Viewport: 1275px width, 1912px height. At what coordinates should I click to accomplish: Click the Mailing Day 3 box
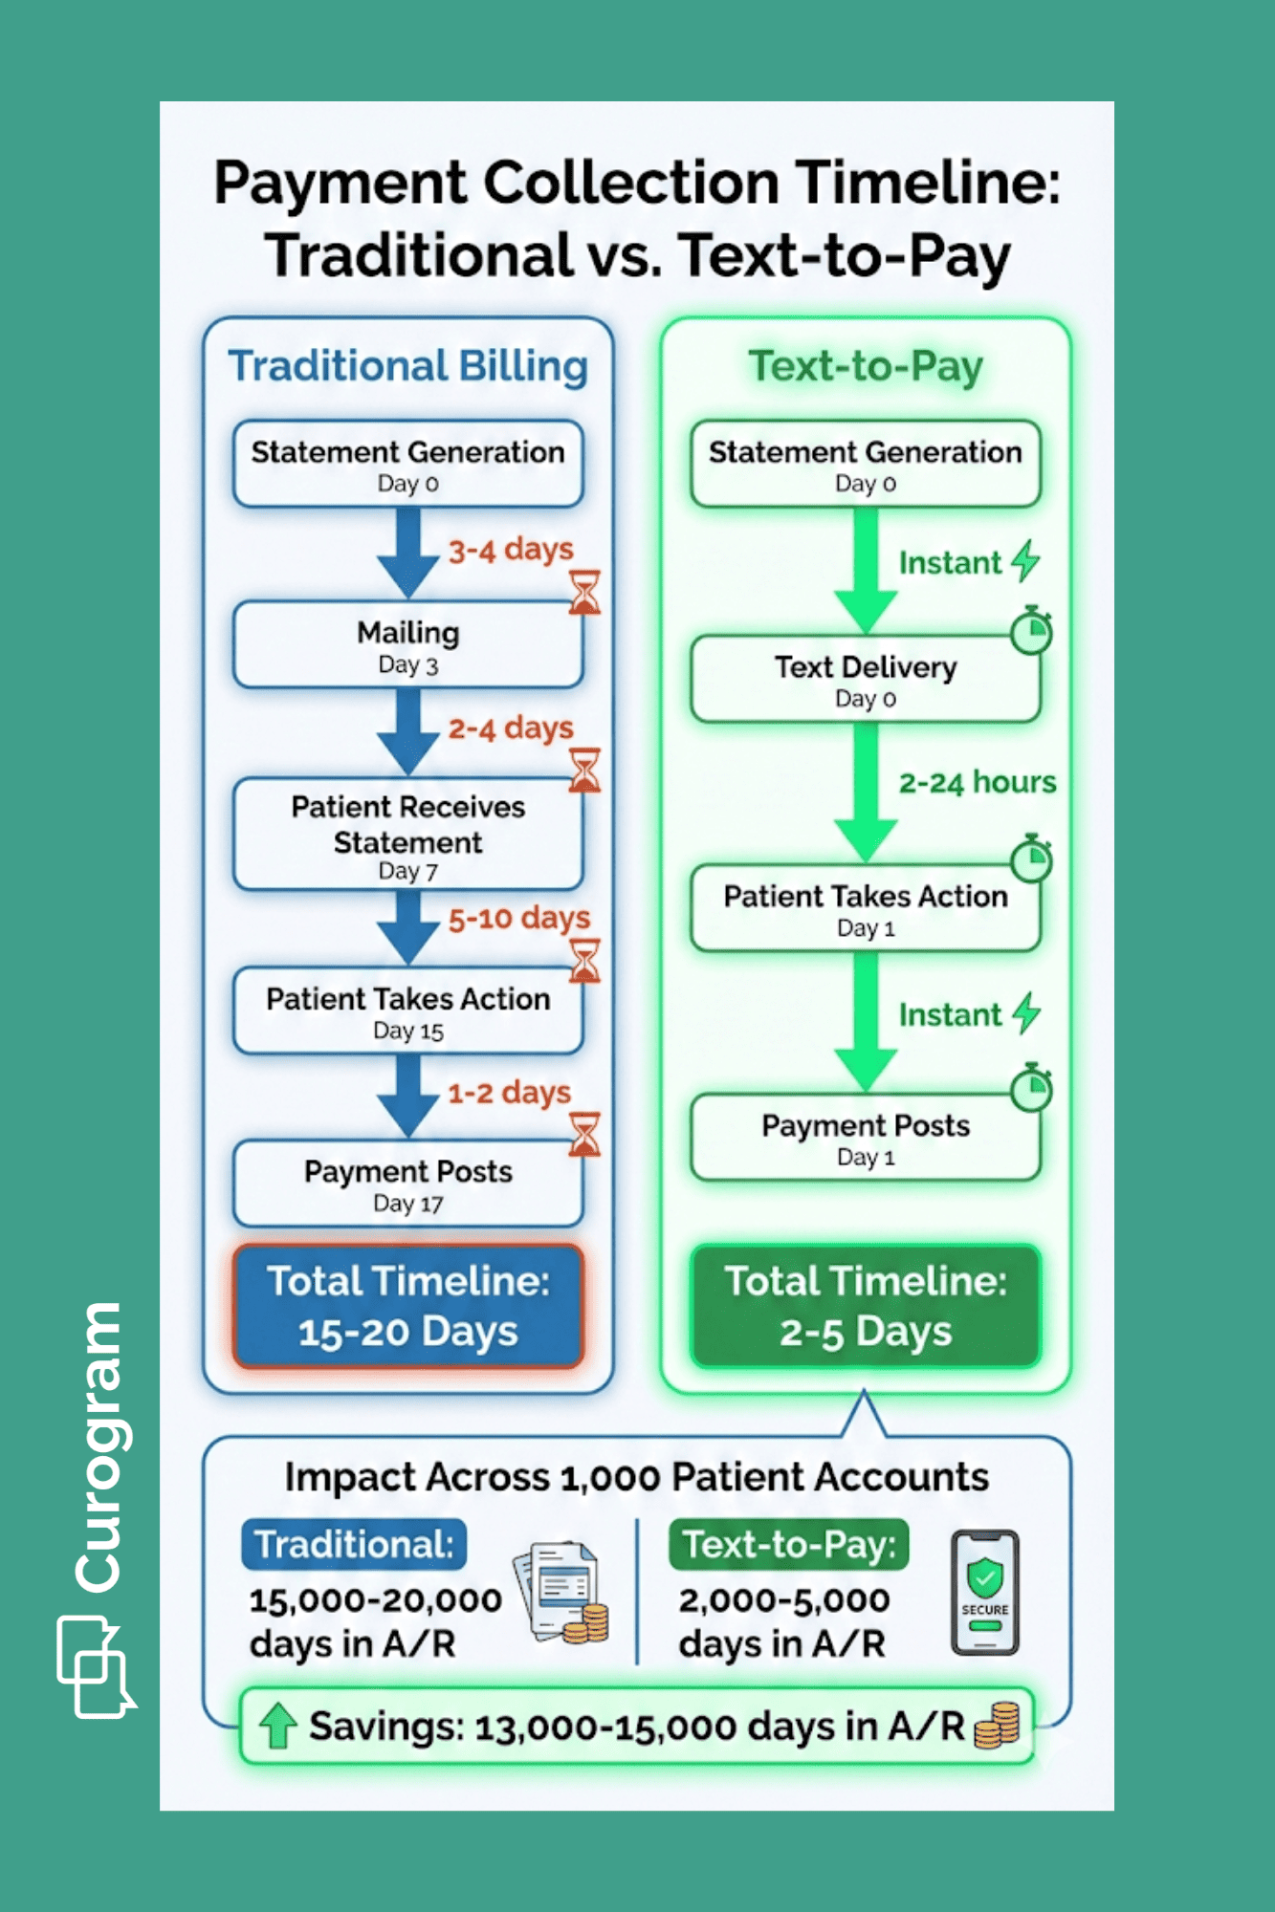[408, 645]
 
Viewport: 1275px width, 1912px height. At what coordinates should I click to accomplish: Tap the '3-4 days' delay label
[511, 550]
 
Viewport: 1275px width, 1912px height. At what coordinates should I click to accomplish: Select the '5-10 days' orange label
[518, 919]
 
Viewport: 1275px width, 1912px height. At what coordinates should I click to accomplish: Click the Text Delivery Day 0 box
[865, 680]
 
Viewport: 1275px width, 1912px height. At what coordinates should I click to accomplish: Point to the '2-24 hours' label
[977, 782]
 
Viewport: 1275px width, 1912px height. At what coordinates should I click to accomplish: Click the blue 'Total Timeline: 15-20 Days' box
[408, 1306]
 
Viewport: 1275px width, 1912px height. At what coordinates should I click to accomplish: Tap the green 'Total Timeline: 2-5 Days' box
[865, 1306]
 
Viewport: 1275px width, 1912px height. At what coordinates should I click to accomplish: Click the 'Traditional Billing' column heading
[408, 366]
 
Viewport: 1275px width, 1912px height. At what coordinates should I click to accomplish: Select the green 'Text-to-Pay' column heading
[865, 366]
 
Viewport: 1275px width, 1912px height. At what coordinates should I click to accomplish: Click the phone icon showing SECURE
[984, 1593]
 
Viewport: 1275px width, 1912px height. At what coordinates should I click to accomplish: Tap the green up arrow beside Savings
[278, 1726]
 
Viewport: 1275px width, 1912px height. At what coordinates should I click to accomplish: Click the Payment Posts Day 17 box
[408, 1184]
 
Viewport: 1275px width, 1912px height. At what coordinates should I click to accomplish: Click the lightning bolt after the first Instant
[1026, 560]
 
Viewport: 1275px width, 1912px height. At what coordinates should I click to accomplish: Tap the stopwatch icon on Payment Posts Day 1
[1032, 1088]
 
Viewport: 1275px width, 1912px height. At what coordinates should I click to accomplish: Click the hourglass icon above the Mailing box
[584, 593]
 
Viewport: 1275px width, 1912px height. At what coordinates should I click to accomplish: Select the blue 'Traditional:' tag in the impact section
[354, 1544]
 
